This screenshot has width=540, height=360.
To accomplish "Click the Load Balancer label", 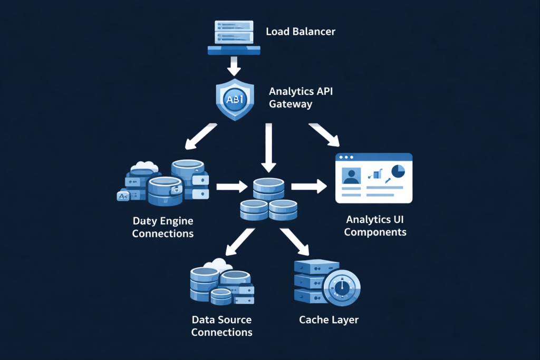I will (x=300, y=32).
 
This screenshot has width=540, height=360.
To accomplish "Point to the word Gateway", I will (x=290, y=104).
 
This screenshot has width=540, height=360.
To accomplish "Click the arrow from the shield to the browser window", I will (x=324, y=134).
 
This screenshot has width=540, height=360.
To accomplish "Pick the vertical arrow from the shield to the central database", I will (x=268, y=147).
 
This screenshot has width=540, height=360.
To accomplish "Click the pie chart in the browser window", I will (x=398, y=171).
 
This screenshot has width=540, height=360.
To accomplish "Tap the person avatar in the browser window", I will (x=350, y=176).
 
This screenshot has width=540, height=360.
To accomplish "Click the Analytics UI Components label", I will (x=375, y=225).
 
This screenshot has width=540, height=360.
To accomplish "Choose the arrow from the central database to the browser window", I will (x=308, y=186).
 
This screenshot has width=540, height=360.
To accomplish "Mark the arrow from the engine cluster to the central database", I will (x=232, y=186).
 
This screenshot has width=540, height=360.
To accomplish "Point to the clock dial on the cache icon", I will (x=343, y=287).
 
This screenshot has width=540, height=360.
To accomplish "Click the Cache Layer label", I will (x=329, y=319).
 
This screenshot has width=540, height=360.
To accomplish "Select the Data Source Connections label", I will (x=221, y=326).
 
